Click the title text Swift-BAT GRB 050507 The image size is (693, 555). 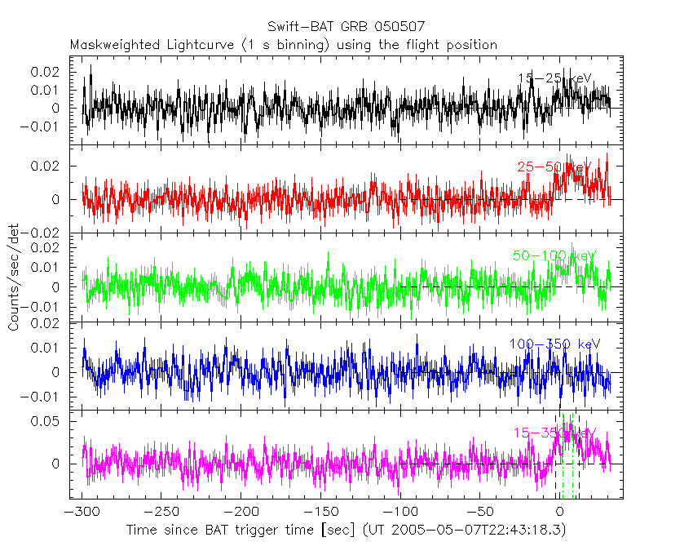(346, 29)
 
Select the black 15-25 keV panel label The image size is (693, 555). (555, 78)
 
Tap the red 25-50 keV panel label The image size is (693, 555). (554, 167)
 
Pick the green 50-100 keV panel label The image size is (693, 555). (554, 255)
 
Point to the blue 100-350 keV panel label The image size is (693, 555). (554, 344)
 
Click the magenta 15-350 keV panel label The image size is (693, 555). (554, 433)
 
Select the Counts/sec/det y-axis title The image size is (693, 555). (14, 277)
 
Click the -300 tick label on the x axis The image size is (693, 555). (83, 512)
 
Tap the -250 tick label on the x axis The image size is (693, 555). (162, 512)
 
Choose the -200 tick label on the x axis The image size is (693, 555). (241, 512)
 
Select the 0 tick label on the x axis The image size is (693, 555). (559, 512)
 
